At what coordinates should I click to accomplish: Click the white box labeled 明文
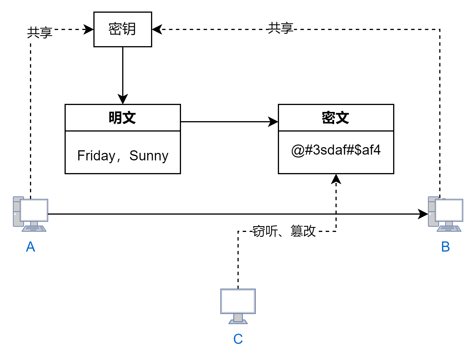[122, 118]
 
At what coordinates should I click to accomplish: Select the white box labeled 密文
[336, 118]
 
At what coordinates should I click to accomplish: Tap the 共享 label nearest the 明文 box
[40, 33]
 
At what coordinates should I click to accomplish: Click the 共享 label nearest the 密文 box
[281, 28]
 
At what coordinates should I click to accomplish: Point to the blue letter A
[31, 247]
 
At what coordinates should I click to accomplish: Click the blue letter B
[445, 247]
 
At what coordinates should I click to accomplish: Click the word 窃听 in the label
[265, 231]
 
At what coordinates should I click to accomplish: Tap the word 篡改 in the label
[303, 231]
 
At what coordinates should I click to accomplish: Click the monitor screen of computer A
[34, 210]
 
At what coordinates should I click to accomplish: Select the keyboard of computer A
[34, 229]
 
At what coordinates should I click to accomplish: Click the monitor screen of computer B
[449, 210]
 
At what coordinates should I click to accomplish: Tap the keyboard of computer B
[449, 229]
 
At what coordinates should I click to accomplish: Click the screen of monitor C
[238, 301]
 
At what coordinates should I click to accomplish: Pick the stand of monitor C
[238, 319]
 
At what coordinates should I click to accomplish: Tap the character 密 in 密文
[328, 118]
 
